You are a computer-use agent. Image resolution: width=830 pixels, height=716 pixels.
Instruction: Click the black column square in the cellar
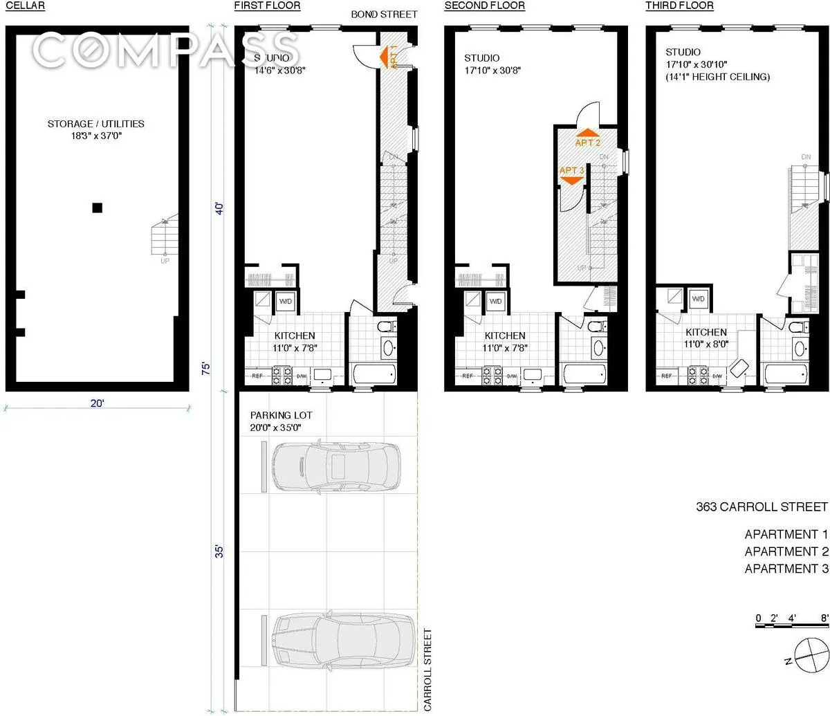click(98, 207)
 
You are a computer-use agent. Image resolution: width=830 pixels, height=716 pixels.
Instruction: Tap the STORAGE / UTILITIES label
click(95, 129)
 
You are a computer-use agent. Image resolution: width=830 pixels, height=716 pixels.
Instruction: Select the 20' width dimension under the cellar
click(97, 403)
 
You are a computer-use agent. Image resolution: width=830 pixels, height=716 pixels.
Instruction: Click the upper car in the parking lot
click(336, 467)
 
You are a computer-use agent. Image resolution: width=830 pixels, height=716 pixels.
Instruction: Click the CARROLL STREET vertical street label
click(427, 669)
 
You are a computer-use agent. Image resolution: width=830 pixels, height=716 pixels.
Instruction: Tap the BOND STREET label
click(384, 15)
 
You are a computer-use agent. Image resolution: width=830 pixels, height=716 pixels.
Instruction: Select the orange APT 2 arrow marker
click(587, 137)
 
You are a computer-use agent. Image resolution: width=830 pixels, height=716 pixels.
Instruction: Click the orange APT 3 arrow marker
click(571, 175)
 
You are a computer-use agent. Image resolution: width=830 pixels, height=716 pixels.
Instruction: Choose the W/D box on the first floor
click(285, 301)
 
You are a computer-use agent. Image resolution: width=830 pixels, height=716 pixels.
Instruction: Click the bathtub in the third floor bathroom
click(786, 375)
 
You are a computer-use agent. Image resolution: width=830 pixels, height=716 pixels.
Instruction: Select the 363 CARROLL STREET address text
click(762, 507)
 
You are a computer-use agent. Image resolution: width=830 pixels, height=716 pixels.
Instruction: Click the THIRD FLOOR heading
click(679, 6)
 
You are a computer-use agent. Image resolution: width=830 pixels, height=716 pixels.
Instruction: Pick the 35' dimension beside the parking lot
click(219, 552)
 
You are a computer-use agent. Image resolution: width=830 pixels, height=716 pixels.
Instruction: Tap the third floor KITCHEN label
click(705, 332)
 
